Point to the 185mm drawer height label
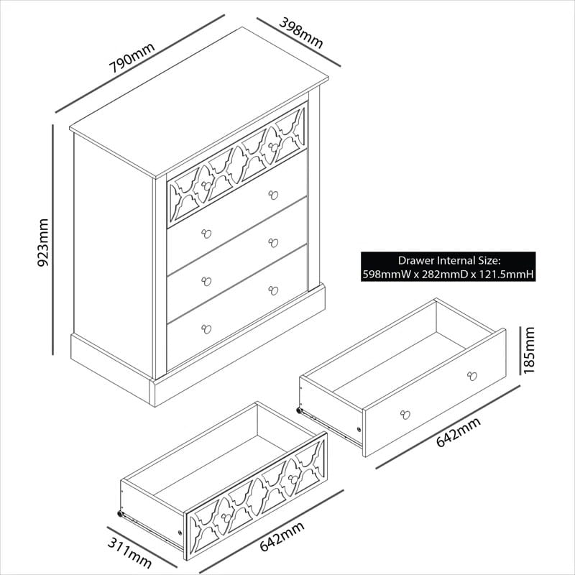(530, 350)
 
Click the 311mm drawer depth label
(130, 551)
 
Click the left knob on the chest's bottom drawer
(206, 329)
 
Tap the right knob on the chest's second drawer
(273, 195)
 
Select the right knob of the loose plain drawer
(472, 375)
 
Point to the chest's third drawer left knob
(206, 281)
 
